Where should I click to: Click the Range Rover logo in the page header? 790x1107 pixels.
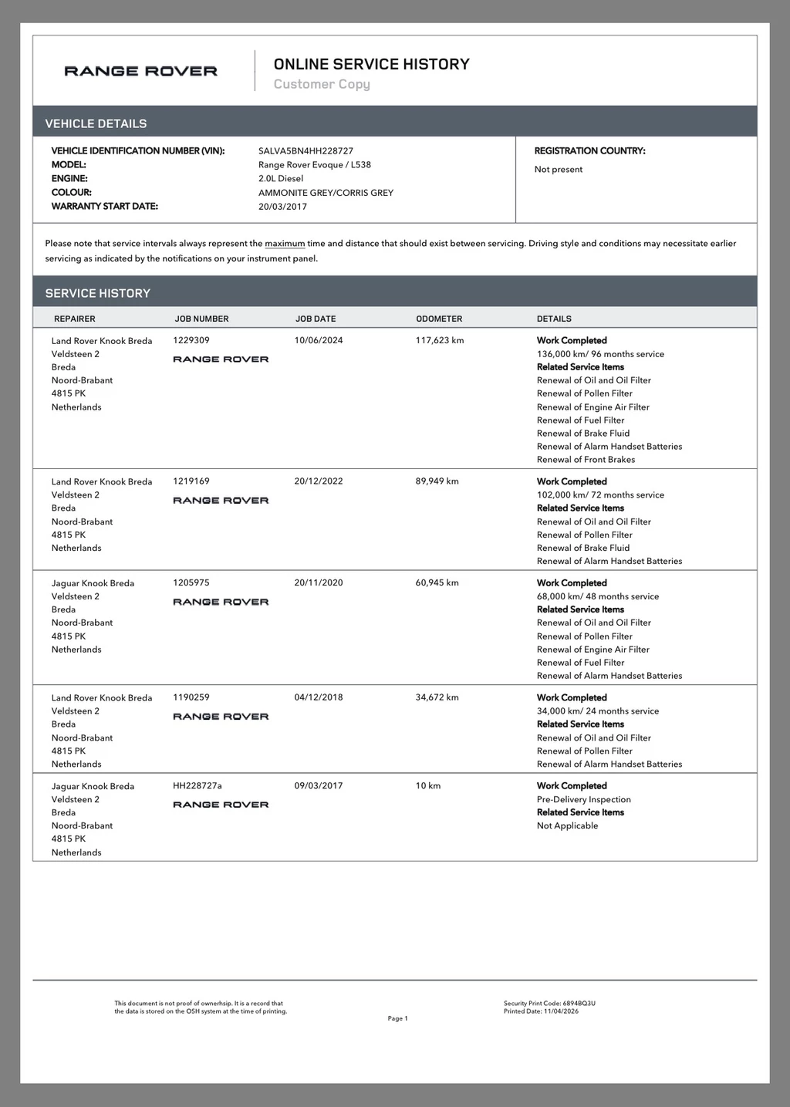[140, 71]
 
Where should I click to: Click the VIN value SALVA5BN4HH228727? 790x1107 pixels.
[306, 151]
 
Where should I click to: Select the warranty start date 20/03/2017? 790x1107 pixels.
[282, 207]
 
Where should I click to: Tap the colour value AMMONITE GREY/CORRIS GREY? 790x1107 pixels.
[326, 193]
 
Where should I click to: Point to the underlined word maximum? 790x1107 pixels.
[285, 244]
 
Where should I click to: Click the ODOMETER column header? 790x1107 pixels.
[439, 319]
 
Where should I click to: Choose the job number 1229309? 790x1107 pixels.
[191, 340]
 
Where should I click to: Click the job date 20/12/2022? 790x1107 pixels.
[319, 481]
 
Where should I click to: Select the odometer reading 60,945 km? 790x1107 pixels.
[437, 583]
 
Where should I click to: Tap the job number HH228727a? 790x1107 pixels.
[197, 786]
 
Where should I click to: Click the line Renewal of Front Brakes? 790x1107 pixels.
[586, 460]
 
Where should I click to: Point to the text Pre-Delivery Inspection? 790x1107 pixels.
[583, 800]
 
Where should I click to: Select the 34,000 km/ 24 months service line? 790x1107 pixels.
[598, 711]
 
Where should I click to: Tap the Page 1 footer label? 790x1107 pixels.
[397, 1019]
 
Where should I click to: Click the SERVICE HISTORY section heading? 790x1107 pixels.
[98, 293]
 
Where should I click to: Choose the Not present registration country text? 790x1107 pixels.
[559, 170]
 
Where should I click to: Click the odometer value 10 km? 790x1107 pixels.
[428, 786]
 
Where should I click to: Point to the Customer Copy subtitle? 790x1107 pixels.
[322, 84]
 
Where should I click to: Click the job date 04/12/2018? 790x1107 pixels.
[319, 697]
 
